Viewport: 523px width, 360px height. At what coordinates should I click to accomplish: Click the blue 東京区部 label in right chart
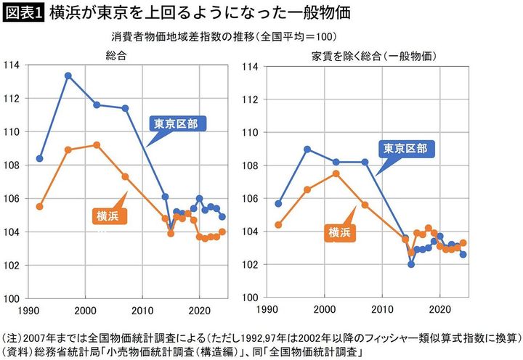tap(407, 149)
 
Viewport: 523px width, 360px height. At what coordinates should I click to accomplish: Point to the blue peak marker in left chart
tap(68, 75)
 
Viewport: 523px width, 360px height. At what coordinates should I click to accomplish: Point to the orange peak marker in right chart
tap(336, 173)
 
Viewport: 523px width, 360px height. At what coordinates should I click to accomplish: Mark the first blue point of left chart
tap(40, 158)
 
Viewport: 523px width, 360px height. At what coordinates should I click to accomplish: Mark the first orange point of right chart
tap(278, 225)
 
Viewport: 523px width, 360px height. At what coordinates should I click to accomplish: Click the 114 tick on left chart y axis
tap(12, 65)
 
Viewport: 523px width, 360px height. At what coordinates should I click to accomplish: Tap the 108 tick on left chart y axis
tap(12, 165)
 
